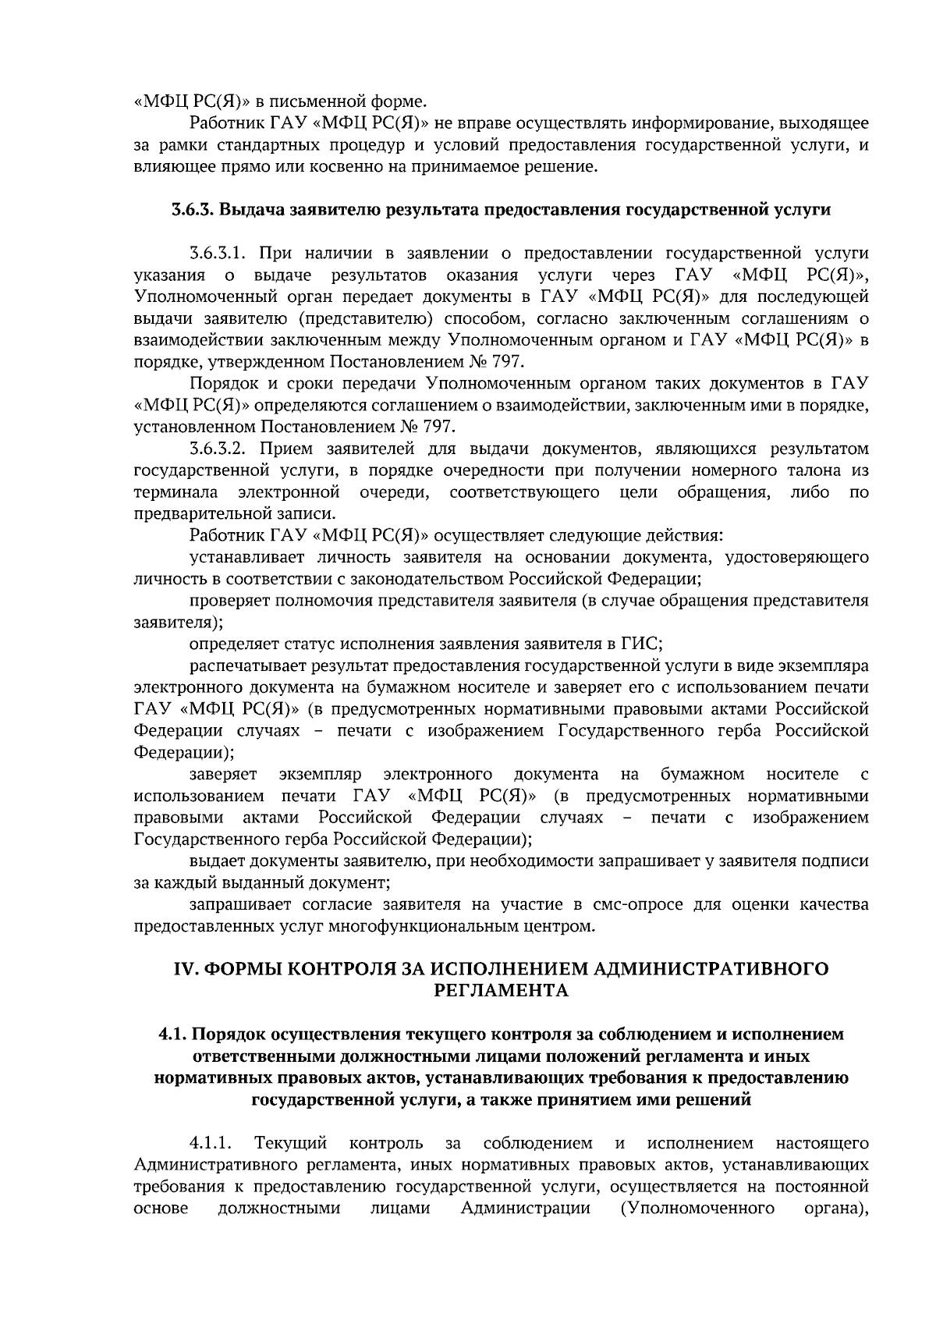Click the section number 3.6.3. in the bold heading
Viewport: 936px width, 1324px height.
click(x=192, y=210)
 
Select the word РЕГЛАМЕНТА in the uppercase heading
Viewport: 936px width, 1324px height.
click(x=500, y=991)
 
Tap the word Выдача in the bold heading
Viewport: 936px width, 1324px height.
click(x=253, y=210)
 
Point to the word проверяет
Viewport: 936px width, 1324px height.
click(x=228, y=601)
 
